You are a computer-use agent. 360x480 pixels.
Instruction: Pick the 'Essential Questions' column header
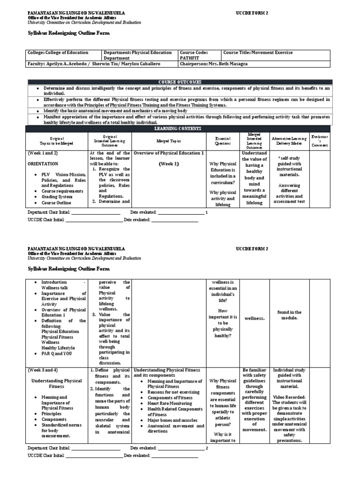tap(224, 140)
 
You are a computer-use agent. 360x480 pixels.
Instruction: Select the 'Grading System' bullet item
tap(55, 197)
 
